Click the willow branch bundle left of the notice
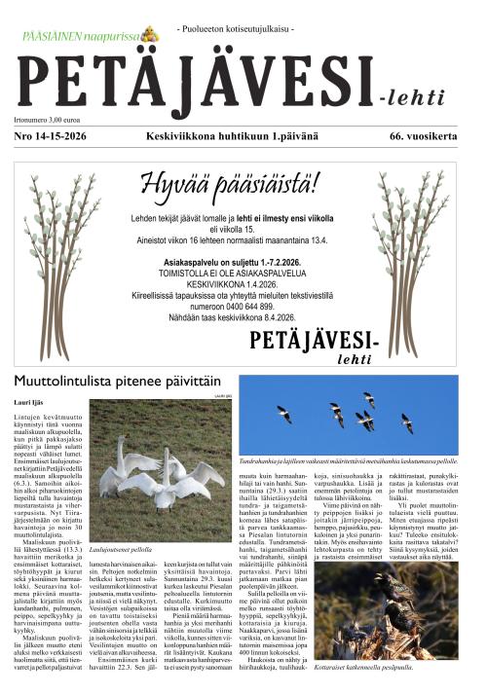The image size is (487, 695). pyautogui.click(x=60, y=263)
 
